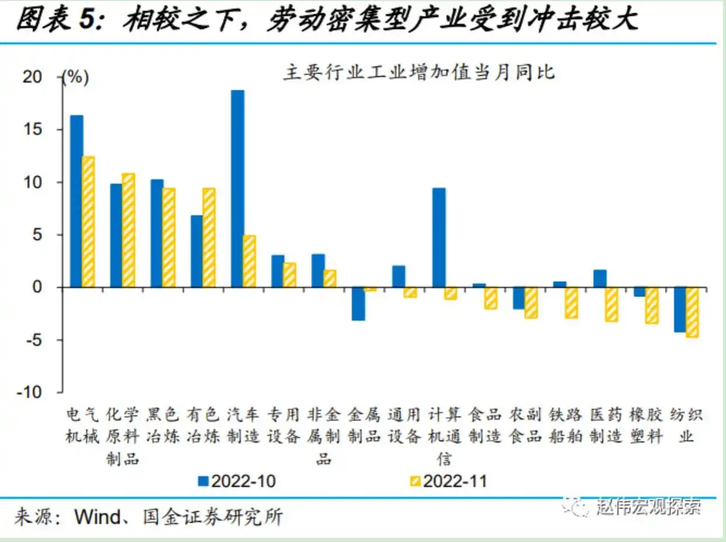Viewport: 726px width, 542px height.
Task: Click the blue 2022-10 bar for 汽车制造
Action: pos(237,189)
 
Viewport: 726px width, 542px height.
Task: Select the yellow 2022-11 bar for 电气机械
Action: pos(88,222)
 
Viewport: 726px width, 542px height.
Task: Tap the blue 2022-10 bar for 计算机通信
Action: pos(438,238)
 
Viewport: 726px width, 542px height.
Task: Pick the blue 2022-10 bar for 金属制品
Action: pos(358,304)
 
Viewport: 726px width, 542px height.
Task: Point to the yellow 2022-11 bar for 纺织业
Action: pos(692,312)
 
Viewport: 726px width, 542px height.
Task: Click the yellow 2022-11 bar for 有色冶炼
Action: pos(209,238)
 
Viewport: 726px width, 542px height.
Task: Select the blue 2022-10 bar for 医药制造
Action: pos(600,279)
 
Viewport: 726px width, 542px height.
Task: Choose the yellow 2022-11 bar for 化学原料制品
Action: pos(129,230)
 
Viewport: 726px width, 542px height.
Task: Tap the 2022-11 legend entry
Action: pos(448,481)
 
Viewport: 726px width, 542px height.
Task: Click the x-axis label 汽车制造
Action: pos(243,425)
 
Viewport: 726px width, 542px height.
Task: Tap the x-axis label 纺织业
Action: pos(686,425)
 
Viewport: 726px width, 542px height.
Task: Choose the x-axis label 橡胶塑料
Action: pos(646,425)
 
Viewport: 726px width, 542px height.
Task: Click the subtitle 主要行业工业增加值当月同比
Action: pos(419,74)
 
